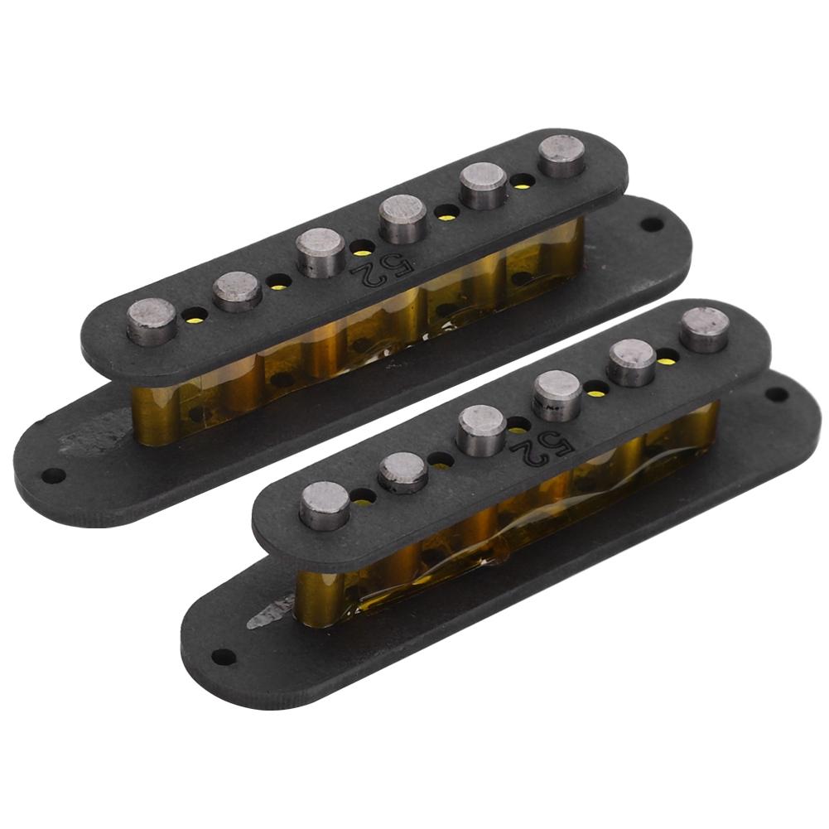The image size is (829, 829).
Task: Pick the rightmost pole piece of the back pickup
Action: click(x=562, y=155)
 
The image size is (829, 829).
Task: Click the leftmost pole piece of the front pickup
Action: click(x=325, y=504)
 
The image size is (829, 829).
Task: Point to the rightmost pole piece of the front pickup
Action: click(x=705, y=328)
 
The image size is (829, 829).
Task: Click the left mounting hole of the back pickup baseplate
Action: click(x=54, y=475)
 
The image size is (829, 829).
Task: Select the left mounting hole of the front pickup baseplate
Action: click(x=221, y=657)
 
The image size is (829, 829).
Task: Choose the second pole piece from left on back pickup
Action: click(x=238, y=290)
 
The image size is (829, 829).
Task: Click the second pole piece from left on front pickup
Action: click(x=403, y=472)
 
